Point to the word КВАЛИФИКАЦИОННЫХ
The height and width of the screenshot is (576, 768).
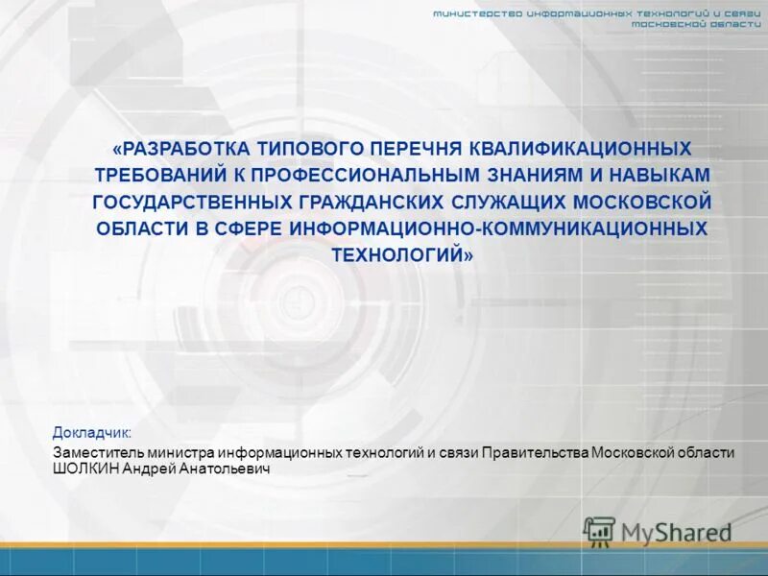[581, 150]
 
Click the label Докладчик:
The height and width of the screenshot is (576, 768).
[93, 433]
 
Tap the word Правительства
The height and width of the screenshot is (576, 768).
[534, 453]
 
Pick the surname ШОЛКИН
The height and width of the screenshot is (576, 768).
[84, 469]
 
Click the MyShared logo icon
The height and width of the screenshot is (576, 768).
[600, 531]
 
